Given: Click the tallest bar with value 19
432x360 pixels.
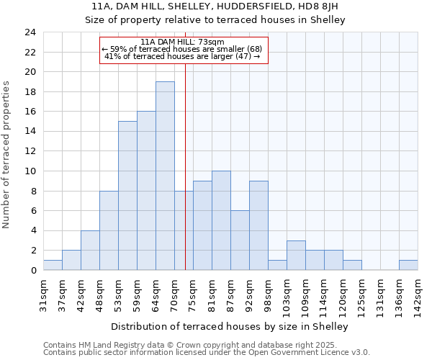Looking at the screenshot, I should tap(165, 176).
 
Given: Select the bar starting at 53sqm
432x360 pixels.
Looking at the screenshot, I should tap(127, 195).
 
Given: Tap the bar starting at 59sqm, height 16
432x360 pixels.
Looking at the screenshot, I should tap(146, 191).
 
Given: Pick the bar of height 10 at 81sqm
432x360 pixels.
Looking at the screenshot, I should tap(221, 220).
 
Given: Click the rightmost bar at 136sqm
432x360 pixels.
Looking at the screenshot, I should tap(408, 265).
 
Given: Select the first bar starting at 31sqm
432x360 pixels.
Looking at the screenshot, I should tap(53, 265).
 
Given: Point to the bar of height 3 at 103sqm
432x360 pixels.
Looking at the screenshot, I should tap(296, 255).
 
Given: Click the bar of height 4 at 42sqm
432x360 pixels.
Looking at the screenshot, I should tap(90, 250).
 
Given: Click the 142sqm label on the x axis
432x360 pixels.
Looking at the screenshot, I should tap(418, 294).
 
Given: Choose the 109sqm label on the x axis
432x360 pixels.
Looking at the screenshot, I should tap(305, 294).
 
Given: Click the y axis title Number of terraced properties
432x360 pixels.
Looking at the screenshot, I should tap(7, 155).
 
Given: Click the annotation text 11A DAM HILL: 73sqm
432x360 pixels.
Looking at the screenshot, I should tap(183, 42).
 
